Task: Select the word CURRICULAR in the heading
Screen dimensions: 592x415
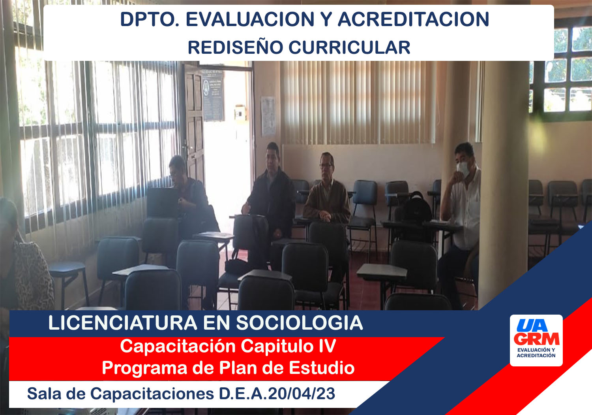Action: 349,48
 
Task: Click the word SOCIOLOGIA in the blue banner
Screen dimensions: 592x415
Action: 300,323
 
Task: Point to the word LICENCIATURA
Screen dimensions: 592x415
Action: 123,323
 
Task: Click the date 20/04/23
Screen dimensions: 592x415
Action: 302,394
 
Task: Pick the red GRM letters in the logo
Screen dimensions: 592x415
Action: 537,339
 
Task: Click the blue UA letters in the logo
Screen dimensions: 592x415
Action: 532,325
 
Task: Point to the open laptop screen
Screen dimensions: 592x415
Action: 163,203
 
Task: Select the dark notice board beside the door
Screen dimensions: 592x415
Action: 212,96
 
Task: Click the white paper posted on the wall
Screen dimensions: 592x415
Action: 268,116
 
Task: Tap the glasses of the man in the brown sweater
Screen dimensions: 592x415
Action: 326,166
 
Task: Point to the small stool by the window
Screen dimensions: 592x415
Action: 68,281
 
